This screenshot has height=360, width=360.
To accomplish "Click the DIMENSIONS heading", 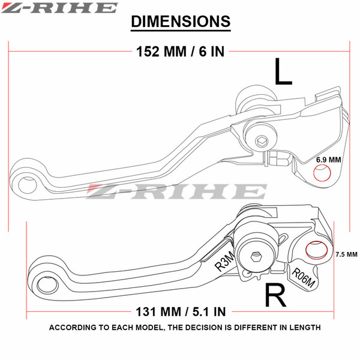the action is (181, 22).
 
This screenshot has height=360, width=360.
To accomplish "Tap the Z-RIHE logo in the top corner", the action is (59, 8).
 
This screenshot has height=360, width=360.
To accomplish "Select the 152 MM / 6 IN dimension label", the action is (180, 51).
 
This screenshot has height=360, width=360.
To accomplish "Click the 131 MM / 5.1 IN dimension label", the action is (181, 311).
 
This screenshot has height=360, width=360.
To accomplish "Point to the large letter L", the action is (283, 71).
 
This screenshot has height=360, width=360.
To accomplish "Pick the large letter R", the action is (275, 295).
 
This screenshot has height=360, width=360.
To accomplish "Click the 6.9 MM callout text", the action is (328, 160).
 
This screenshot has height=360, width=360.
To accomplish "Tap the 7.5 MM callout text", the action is (346, 254).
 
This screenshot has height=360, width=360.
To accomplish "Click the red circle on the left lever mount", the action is (322, 172).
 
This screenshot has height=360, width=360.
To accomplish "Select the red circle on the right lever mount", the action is (317, 250).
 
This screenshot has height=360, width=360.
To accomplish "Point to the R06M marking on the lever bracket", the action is (303, 278).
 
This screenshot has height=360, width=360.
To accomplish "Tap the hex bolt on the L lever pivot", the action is (262, 141).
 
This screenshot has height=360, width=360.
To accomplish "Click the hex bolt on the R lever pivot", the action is (256, 257).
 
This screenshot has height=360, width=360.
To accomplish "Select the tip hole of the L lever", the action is (28, 185).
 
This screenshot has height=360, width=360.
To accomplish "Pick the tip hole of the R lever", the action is (47, 285).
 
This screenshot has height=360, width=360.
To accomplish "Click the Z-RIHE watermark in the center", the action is (176, 191).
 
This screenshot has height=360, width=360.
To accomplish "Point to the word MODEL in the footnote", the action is (150, 328).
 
